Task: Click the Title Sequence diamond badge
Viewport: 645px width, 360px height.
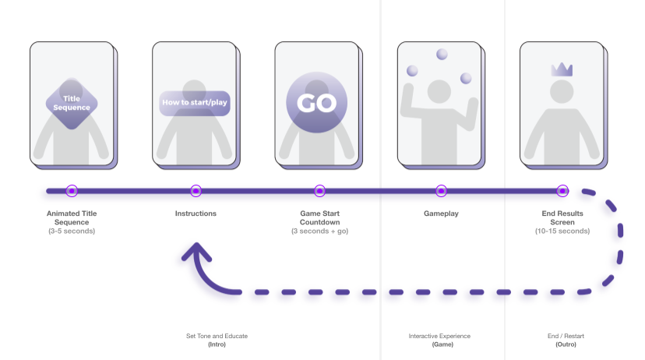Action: pyautogui.click(x=72, y=103)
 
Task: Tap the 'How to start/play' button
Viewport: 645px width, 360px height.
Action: pyautogui.click(x=195, y=103)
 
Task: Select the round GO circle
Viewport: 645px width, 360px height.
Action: pyautogui.click(x=316, y=104)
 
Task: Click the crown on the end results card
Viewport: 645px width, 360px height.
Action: pyautogui.click(x=562, y=69)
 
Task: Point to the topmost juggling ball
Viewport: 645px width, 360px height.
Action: pyautogui.click(x=442, y=55)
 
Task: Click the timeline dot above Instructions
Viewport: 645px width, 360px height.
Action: pyautogui.click(x=196, y=190)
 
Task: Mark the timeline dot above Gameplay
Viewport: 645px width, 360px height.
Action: pyautogui.click(x=441, y=190)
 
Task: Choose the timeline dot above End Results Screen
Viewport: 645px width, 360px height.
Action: pyautogui.click(x=562, y=190)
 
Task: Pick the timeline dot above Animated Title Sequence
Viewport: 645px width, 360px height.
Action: pyautogui.click(x=72, y=190)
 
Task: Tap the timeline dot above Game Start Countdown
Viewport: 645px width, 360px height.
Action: pyautogui.click(x=319, y=190)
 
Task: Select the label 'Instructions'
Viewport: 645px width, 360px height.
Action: pyautogui.click(x=196, y=213)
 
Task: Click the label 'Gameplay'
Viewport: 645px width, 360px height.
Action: pyautogui.click(x=441, y=213)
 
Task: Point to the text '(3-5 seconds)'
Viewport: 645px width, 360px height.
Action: pyautogui.click(x=72, y=231)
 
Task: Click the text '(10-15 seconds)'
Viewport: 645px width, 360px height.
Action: pyautogui.click(x=563, y=231)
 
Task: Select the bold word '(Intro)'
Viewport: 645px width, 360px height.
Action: pyautogui.click(x=217, y=344)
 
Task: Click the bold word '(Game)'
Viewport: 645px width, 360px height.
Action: pyautogui.click(x=441, y=344)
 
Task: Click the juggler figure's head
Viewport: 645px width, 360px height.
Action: pyautogui.click(x=441, y=91)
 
